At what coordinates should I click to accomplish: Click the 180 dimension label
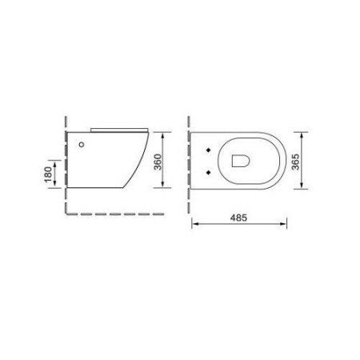click(48, 172)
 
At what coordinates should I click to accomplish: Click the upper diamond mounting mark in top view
click(210, 150)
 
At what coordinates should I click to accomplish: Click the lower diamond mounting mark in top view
click(210, 170)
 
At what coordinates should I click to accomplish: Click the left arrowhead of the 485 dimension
click(194, 226)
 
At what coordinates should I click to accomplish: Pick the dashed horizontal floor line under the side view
click(112, 214)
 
